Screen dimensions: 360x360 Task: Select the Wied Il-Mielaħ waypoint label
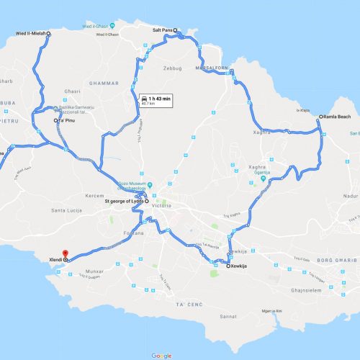pos(30,33)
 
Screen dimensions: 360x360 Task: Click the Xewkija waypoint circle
pos(228,266)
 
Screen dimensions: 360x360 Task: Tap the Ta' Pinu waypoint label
pos(66,120)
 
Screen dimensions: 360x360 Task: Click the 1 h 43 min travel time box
pos(156,99)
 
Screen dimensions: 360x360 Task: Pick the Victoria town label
pos(162,202)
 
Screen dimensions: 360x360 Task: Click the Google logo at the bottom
pos(161,355)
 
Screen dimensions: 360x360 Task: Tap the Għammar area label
pos(104,84)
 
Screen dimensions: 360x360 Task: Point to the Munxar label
pos(94,272)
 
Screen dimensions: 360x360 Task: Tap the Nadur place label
pos(348,194)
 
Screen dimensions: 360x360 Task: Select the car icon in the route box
pos(145,97)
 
